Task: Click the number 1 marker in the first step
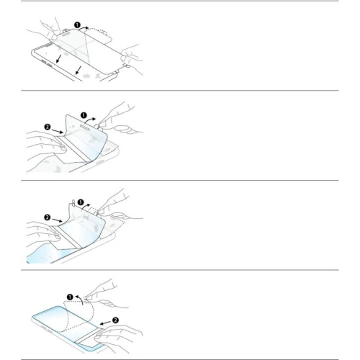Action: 77,24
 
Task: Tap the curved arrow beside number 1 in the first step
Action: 84,28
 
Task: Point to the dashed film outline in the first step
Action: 99,36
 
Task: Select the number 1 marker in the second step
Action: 84,115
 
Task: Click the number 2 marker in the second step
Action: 48,127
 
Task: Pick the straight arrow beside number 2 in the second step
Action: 57,131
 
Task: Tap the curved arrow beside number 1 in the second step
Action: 91,120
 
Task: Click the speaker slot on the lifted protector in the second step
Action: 86,127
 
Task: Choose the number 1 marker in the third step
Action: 81,202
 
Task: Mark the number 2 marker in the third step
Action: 48,217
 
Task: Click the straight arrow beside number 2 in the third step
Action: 57,220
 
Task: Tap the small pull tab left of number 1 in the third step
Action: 73,202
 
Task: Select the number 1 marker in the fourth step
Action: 70,297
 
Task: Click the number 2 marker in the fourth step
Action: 115,320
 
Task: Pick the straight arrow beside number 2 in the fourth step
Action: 105,323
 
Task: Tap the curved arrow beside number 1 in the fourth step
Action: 79,300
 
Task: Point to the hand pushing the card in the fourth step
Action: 117,336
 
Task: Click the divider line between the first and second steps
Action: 180,91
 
